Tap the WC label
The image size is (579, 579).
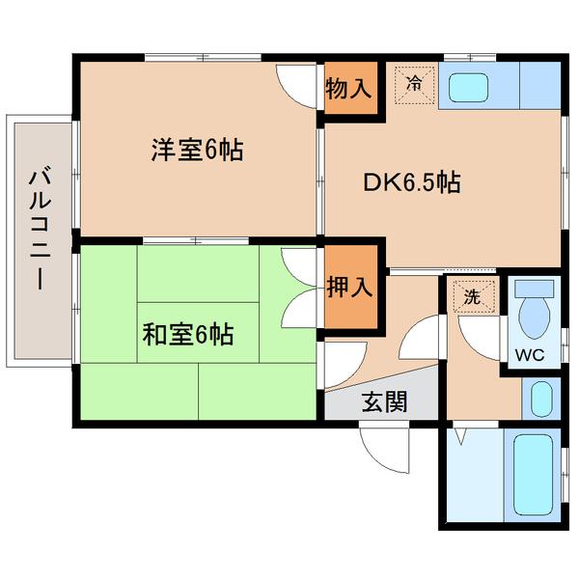coord(530,354)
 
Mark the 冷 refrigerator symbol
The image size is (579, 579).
coord(414,83)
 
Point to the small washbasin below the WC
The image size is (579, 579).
coord(542,397)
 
